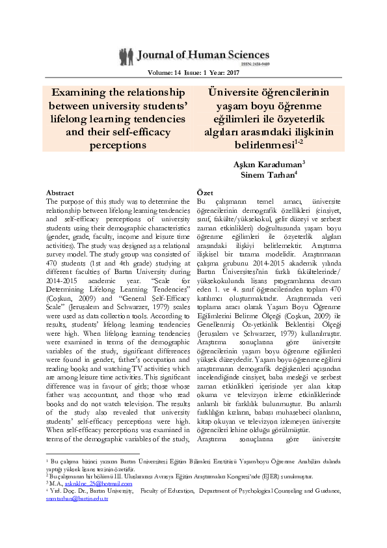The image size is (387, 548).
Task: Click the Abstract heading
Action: pyautogui.click(x=60, y=193)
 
